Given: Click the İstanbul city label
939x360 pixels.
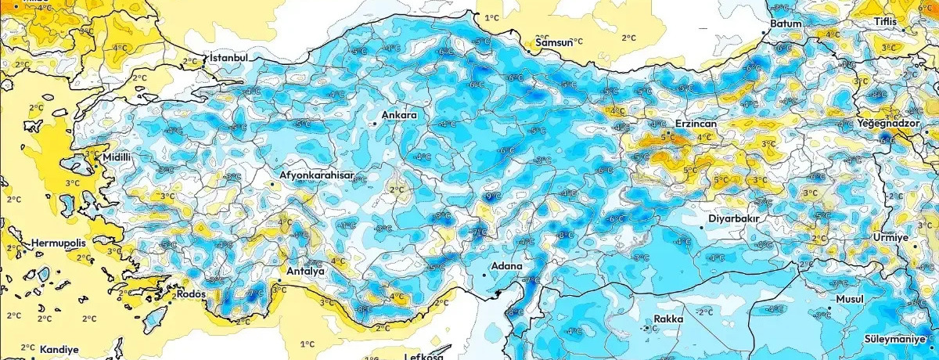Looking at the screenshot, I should (228, 58).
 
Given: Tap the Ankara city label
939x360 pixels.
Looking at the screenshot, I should (399, 116).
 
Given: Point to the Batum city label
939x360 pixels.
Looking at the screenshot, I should (786, 23).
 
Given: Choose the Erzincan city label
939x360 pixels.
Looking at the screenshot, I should (696, 124).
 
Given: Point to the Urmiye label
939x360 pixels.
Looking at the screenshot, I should (891, 237).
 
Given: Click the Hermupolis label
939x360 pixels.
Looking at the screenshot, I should (59, 244).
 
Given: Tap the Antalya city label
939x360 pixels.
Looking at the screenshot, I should (306, 272).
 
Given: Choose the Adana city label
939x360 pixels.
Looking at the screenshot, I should (506, 266).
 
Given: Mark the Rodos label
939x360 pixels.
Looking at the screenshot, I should (192, 293).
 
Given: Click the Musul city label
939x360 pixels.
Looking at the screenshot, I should (849, 300).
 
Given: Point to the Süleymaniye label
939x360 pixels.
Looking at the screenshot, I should (900, 339).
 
